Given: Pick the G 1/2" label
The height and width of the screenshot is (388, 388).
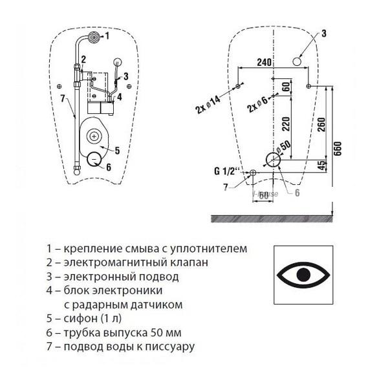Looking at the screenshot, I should tap(227, 171).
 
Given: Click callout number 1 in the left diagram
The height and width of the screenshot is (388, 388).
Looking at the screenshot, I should tap(107, 37).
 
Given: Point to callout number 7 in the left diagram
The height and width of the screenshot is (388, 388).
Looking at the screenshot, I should tap(63, 98).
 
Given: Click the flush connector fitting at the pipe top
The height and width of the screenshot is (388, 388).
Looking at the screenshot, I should tap(94, 36).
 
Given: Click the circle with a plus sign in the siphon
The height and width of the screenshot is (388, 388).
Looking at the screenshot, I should tap(95, 136).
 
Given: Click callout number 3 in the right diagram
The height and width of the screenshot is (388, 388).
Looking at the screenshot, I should tap(324, 33).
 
